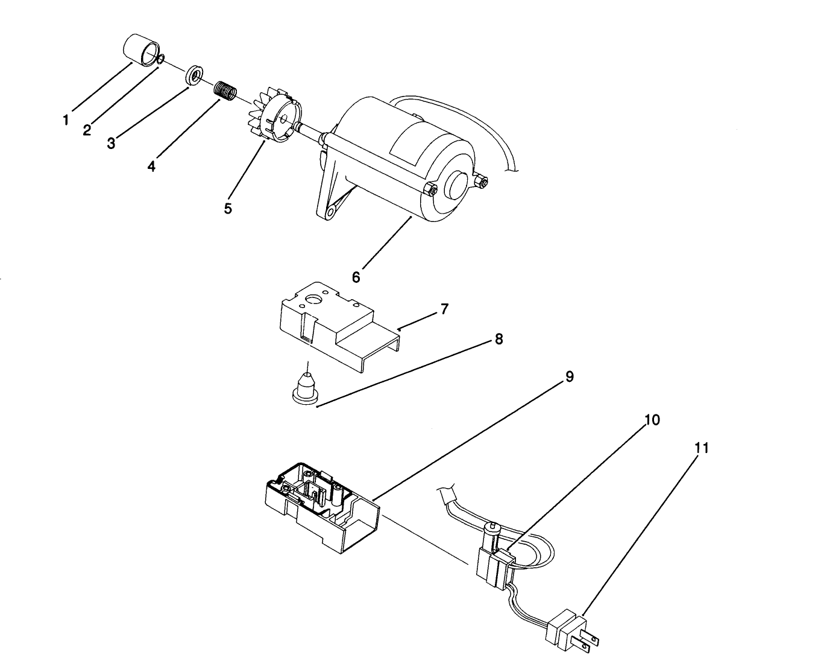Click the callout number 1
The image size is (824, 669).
pyautogui.click(x=66, y=120)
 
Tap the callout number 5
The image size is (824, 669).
pyautogui.click(x=228, y=209)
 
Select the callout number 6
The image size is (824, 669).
pyautogui.click(x=356, y=277)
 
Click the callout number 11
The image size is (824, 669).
pyautogui.click(x=701, y=448)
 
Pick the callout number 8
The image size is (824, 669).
pyautogui.click(x=498, y=338)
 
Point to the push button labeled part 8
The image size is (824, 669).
pyautogui.click(x=306, y=386)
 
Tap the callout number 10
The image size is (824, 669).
pyautogui.click(x=652, y=420)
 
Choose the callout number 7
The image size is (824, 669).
pyautogui.click(x=444, y=309)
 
